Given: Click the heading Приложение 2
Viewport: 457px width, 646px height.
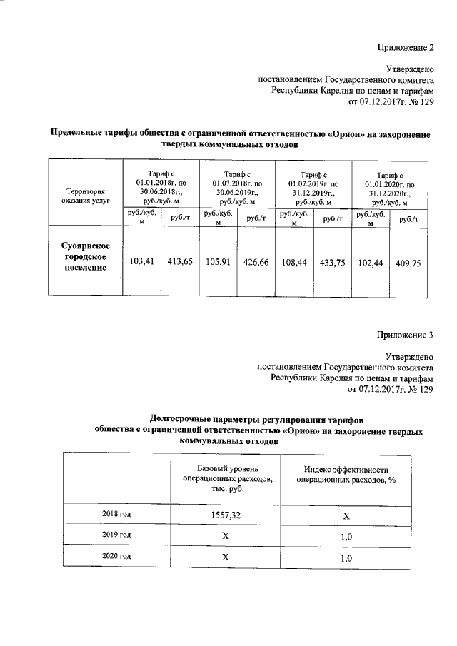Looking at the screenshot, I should click(405, 48).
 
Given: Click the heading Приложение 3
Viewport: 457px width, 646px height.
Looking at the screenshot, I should click(405, 335).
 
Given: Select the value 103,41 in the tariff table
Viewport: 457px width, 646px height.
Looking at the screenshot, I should click(142, 262).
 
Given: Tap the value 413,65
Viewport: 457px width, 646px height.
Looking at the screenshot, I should click(180, 262).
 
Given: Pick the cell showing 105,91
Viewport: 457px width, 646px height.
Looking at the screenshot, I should click(219, 262).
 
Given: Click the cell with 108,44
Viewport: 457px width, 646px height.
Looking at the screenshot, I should click(294, 262).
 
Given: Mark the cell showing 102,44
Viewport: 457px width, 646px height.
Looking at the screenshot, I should click(370, 262).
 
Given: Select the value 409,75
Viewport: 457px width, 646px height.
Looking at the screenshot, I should click(408, 262).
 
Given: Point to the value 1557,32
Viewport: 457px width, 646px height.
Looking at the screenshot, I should click(224, 515).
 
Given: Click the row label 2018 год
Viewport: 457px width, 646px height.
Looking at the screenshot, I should click(116, 514).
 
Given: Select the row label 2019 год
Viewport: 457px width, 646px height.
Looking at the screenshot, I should click(116, 535).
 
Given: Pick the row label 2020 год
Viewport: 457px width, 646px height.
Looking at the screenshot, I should click(116, 556).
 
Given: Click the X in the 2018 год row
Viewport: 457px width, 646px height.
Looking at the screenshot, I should click(346, 515).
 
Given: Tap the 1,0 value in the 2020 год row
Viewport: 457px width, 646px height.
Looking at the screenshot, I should click(346, 557).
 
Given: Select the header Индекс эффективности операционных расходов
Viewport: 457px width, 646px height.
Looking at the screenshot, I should click(346, 475).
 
